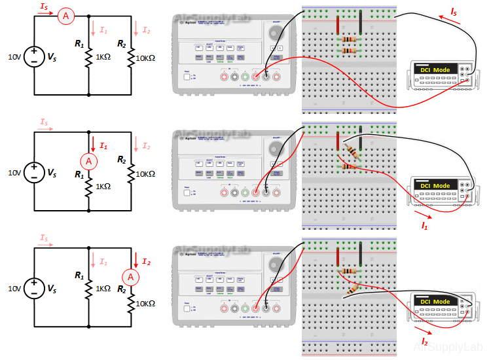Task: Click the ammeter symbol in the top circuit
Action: [65, 16]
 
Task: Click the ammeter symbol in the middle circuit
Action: [88, 160]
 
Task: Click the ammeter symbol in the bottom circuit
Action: [131, 278]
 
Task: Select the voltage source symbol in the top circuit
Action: [33, 57]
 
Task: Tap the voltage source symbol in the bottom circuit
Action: [33, 288]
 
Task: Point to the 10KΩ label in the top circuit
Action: [145, 58]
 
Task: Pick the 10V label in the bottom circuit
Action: [14, 288]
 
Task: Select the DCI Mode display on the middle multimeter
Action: [435, 186]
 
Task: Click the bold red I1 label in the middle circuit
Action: [103, 146]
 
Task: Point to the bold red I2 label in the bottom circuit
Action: [146, 262]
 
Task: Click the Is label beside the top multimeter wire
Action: [453, 11]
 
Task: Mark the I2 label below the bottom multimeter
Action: [425, 341]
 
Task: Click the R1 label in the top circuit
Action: [79, 44]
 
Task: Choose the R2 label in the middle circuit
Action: [122, 159]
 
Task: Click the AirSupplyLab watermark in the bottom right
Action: [448, 348]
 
